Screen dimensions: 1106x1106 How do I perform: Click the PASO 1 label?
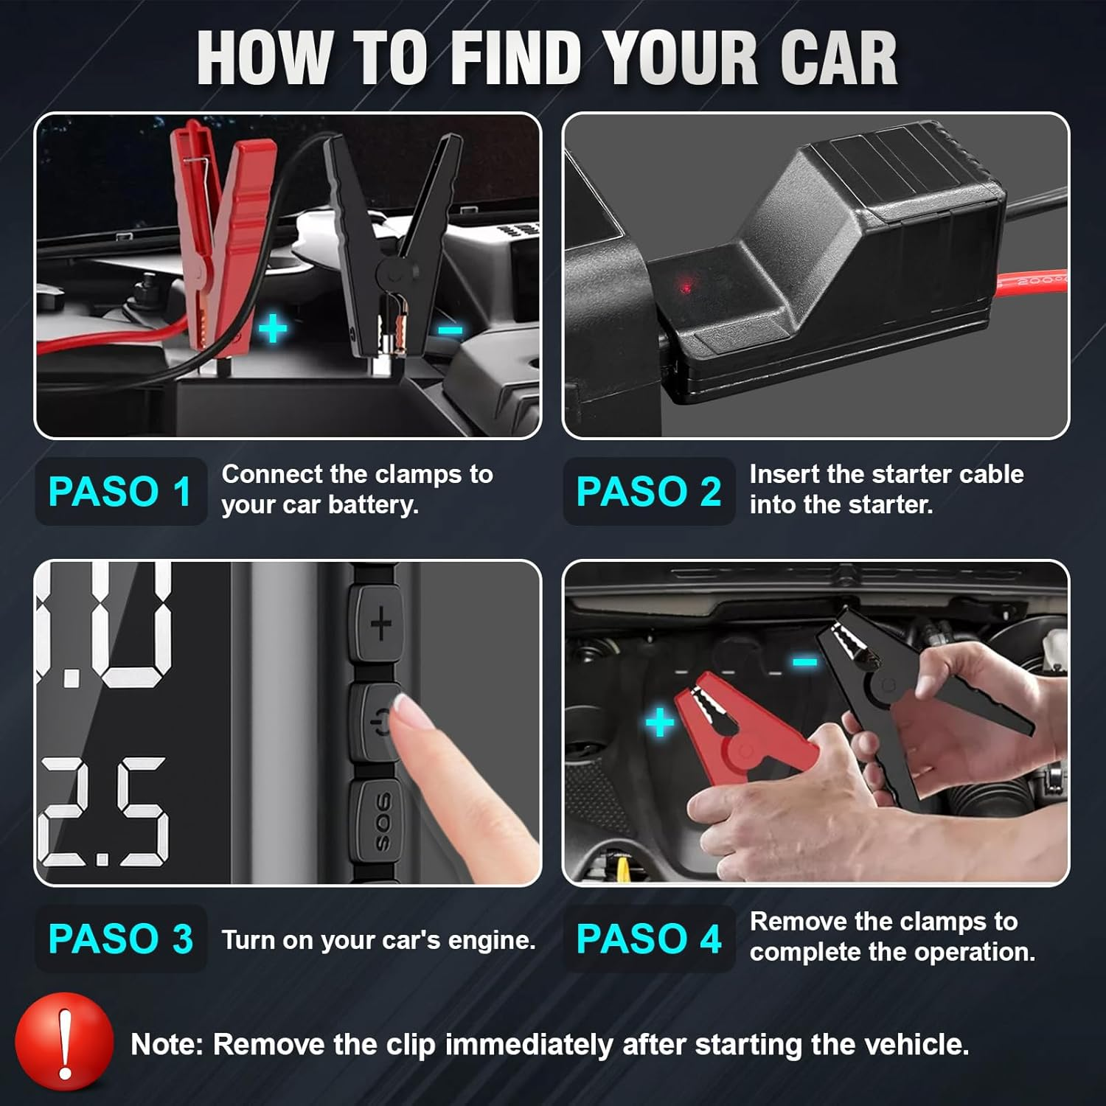(120, 492)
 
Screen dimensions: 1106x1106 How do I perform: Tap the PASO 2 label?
(648, 492)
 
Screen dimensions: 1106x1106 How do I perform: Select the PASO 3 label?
(120, 939)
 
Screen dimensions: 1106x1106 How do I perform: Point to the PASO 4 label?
(648, 939)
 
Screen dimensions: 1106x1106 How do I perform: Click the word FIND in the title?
(516, 59)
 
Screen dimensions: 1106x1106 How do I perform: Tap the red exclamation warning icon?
(65, 1042)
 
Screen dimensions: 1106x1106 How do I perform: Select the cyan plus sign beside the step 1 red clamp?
(273, 328)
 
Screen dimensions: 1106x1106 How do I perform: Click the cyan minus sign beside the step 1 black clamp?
(450, 330)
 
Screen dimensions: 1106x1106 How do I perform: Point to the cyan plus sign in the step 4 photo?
(660, 722)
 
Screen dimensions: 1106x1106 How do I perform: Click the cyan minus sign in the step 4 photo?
(804, 662)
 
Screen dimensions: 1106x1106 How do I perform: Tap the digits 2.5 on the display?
(103, 811)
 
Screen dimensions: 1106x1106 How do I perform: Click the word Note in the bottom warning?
(166, 1045)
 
